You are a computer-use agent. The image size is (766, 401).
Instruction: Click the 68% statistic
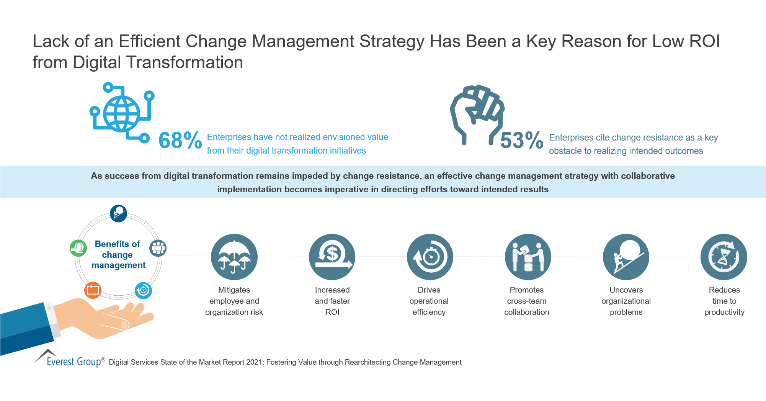pos(180,140)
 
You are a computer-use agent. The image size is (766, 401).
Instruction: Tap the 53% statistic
pos(521,140)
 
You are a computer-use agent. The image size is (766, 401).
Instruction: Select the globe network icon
pos(122,113)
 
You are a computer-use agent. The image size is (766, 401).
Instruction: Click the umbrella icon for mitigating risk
pos(234,257)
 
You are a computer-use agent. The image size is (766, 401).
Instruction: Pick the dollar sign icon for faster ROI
pos(332,257)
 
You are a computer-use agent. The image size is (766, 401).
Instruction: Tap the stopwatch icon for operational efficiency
pos(430,257)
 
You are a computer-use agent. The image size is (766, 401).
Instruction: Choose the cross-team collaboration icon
pos(528,257)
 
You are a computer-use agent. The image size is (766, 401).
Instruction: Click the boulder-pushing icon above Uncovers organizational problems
pos(626,257)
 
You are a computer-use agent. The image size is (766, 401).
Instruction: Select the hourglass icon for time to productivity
pos(724,257)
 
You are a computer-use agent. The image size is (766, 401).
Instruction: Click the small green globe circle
pos(78,248)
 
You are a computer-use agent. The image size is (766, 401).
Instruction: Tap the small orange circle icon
pos(93,290)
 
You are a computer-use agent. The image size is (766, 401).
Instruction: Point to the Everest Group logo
pos(69,359)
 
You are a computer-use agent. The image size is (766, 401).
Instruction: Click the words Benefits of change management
pos(118,255)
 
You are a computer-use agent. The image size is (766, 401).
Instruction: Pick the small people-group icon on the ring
pos(158,248)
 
